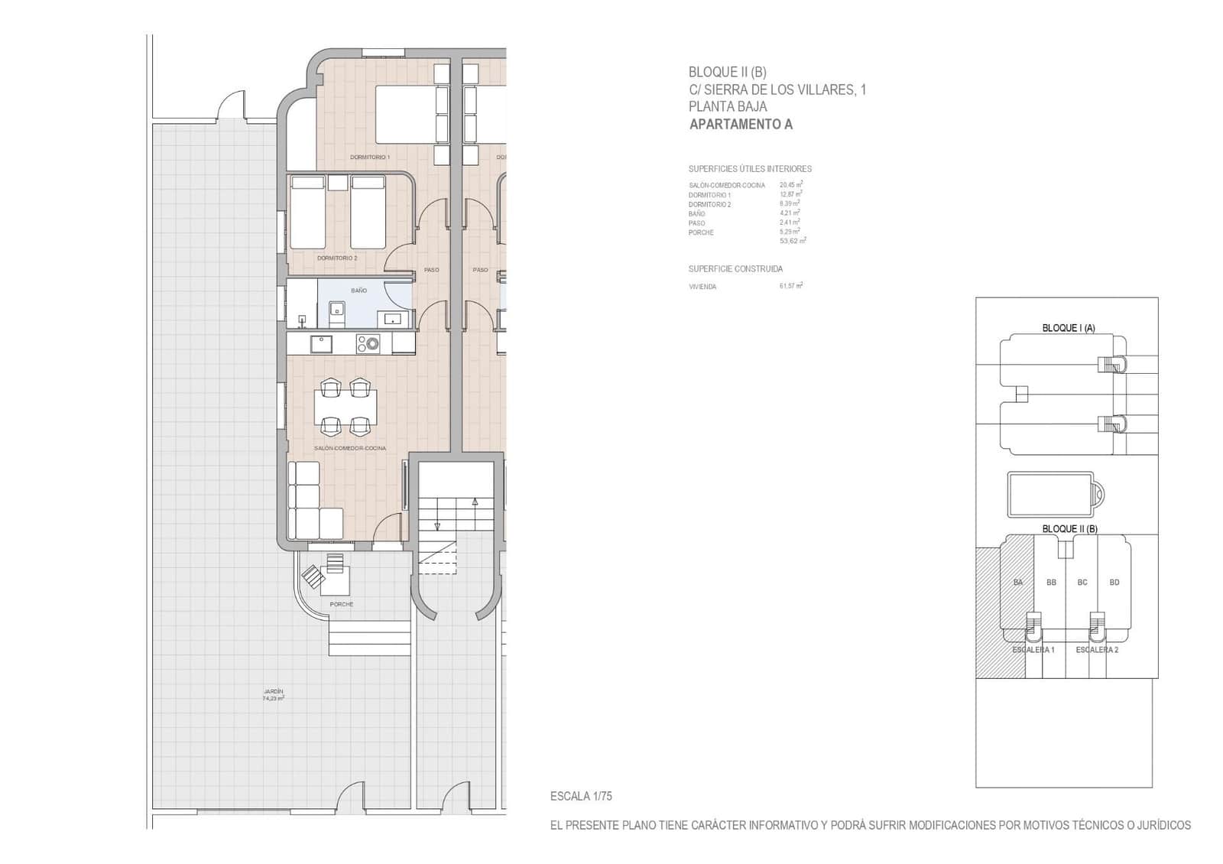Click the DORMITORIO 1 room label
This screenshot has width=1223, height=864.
(x=370, y=158)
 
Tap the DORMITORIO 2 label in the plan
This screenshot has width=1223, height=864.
(x=337, y=258)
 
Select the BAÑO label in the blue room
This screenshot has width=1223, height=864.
(x=358, y=291)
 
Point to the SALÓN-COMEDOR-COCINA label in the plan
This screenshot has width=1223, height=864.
(x=350, y=448)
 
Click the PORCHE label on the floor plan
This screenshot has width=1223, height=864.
(x=342, y=604)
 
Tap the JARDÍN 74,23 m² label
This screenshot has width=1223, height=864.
(x=273, y=695)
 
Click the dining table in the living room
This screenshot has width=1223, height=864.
(x=345, y=407)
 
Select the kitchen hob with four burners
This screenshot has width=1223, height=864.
(x=368, y=345)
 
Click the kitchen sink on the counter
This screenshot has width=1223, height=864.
(x=321, y=344)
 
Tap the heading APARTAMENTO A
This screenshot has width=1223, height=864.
(x=741, y=125)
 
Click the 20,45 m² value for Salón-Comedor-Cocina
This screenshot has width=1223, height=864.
(x=791, y=185)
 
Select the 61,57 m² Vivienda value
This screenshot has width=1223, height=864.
(x=791, y=286)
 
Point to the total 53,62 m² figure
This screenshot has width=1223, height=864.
(x=793, y=241)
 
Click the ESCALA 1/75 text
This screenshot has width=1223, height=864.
(x=581, y=796)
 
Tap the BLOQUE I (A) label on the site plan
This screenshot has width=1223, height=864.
(x=1069, y=328)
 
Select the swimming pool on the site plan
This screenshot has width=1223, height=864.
(x=1051, y=495)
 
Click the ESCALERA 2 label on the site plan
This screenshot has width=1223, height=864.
(x=1097, y=650)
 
